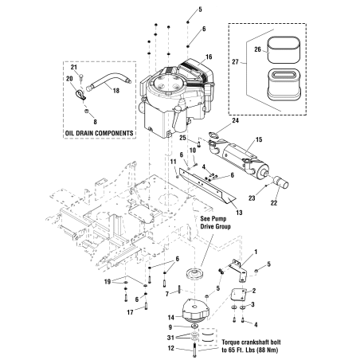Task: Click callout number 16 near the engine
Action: click(x=209, y=57)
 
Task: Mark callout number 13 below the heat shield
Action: click(x=217, y=213)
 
